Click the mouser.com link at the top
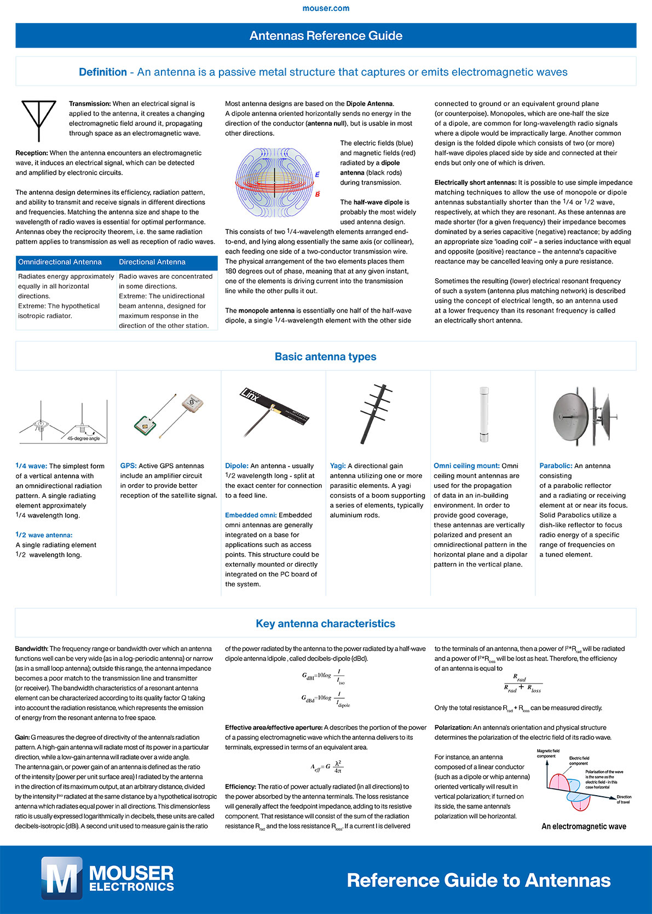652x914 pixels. click(326, 8)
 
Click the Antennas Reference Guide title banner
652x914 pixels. click(326, 36)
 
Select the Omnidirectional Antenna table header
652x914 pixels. click(60, 262)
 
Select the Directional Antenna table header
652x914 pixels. click(152, 262)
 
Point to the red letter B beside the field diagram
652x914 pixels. click(318, 194)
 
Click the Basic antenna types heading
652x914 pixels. click(326, 357)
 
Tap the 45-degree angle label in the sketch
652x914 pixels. click(83, 438)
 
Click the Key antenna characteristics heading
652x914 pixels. click(326, 624)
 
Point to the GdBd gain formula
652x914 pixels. click(326, 699)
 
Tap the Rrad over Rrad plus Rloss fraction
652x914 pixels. click(522, 684)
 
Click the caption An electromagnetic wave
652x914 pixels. click(584, 826)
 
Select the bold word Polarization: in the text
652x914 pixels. click(453, 728)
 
